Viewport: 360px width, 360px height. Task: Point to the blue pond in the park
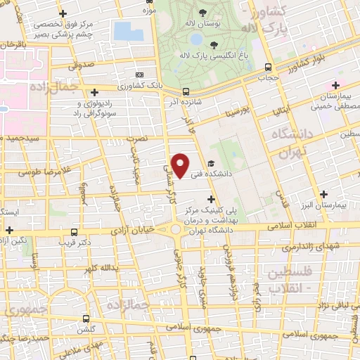point(127,31)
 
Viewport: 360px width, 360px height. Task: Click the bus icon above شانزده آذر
point(186,91)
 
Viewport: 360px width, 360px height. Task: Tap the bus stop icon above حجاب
point(267,67)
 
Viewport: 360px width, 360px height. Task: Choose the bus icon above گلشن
point(86,319)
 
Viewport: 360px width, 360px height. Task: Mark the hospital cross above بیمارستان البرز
point(323,194)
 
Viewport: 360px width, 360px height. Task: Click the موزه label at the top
point(149,11)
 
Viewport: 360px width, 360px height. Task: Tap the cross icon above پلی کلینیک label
point(211,200)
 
